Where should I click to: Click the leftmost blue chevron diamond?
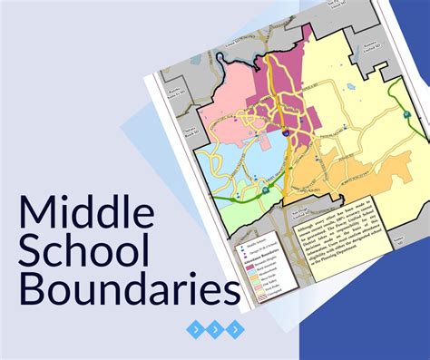(x=192, y=328)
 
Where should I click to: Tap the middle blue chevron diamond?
(x=214, y=328)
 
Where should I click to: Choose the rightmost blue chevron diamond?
(x=236, y=328)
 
